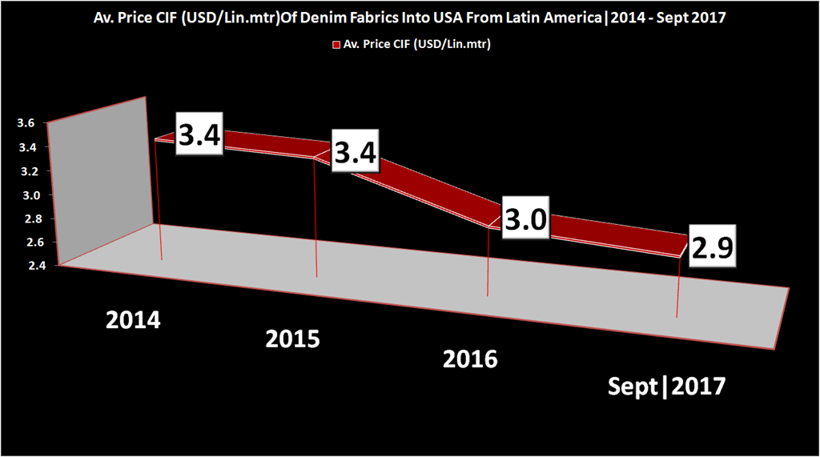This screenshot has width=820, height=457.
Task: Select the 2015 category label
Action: coord(293,339)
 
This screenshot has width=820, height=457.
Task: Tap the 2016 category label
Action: coord(470,357)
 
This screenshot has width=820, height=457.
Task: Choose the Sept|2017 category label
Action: coord(666,387)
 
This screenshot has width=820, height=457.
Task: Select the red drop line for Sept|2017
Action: coord(678,288)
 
